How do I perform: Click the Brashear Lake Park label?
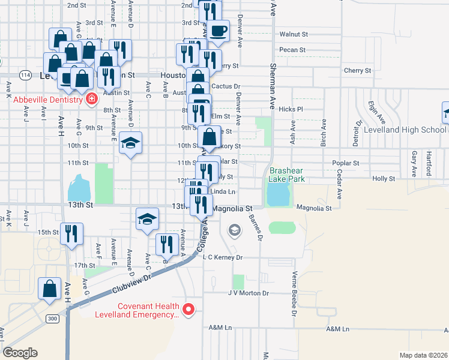[287, 175]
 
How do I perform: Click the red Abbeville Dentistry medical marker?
[92, 99]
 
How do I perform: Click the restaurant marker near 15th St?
[72, 233]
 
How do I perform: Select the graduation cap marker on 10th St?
[130, 144]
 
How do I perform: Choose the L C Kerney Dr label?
[223, 257]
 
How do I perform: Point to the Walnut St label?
[294, 35]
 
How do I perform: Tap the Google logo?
[20, 353]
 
